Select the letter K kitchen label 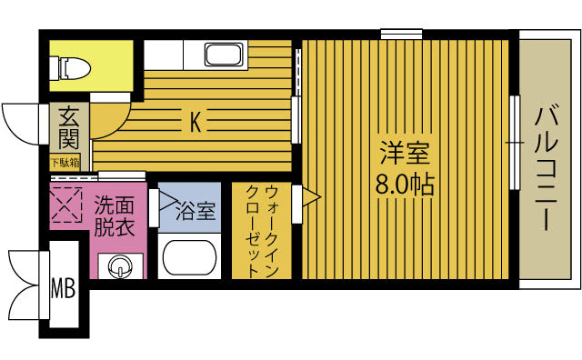point(195,120)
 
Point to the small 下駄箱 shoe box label point(65,163)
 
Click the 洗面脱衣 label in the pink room point(115,216)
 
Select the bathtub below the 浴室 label point(189,257)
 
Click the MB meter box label point(63,290)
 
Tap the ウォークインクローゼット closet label point(264,229)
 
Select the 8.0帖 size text point(405,185)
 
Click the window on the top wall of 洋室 point(401,35)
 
